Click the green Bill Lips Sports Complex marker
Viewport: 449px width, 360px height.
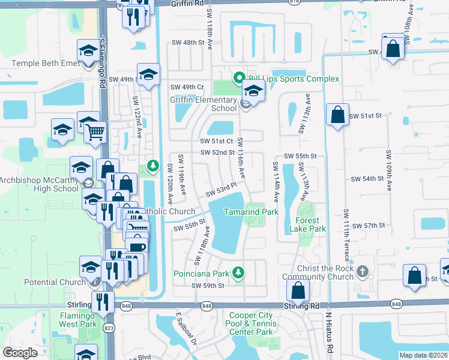click(x=238, y=78)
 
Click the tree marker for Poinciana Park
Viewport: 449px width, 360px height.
click(x=238, y=273)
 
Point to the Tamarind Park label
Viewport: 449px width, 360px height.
click(x=251, y=212)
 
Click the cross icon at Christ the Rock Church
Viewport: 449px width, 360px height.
click(x=361, y=272)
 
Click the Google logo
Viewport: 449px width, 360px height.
click(x=20, y=353)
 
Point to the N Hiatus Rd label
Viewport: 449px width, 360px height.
click(x=328, y=333)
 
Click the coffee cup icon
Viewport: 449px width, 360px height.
click(x=137, y=247)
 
